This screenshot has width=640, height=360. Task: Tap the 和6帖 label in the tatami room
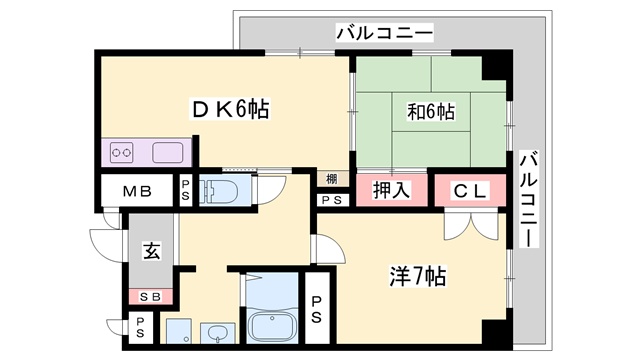[x=432, y=112]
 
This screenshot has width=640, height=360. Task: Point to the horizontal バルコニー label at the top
[x=384, y=32]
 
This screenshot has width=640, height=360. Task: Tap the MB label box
[x=137, y=191]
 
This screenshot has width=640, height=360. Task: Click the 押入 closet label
[x=391, y=190]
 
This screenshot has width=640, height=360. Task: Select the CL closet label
[x=469, y=190]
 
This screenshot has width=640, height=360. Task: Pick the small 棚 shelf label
[x=330, y=179]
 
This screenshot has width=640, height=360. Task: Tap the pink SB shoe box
[x=150, y=297]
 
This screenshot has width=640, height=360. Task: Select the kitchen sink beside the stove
[x=166, y=154]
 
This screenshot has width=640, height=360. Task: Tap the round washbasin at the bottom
[x=216, y=334]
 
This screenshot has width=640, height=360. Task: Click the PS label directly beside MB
[x=186, y=191]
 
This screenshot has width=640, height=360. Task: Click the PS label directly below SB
[x=140, y=326]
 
